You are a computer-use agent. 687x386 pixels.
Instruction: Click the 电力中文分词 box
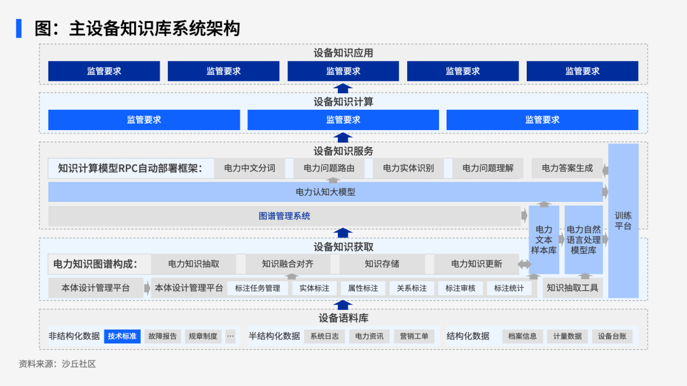click(x=249, y=168)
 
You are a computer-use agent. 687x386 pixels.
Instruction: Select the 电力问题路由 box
click(x=329, y=168)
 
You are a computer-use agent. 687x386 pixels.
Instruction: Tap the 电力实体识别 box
click(x=408, y=168)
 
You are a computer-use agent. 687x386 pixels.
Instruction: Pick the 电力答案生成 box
click(x=567, y=168)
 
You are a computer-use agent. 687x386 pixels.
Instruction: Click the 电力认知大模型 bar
click(x=326, y=192)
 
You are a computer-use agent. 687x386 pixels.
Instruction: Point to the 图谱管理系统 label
click(x=284, y=216)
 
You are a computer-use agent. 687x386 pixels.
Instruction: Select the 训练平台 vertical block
click(x=623, y=221)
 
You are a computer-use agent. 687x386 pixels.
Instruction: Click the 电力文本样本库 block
click(x=544, y=240)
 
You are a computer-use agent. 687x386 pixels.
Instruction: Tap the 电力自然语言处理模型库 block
click(x=583, y=240)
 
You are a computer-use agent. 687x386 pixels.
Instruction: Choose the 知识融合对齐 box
click(x=288, y=264)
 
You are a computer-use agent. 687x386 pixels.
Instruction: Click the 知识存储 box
click(x=382, y=264)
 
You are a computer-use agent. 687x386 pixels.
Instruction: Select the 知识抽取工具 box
click(x=572, y=288)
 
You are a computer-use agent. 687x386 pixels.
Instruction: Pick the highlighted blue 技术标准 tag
click(x=122, y=336)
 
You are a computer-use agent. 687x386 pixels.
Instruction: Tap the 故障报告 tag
click(x=163, y=336)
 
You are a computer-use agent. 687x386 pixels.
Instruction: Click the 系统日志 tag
click(x=324, y=336)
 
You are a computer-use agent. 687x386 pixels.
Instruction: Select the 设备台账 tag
click(x=612, y=336)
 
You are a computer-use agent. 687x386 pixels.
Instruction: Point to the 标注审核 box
click(x=460, y=288)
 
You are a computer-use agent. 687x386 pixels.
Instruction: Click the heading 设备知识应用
click(x=343, y=53)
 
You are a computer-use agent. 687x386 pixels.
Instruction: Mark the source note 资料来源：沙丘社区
click(x=57, y=364)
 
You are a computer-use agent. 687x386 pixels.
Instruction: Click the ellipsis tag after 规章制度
click(x=230, y=336)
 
